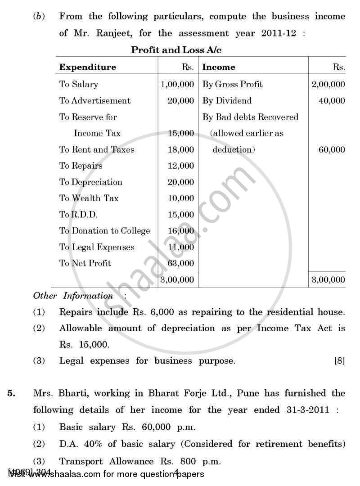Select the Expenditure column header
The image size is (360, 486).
87,67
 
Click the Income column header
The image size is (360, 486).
219,67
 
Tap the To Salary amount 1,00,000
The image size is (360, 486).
177,84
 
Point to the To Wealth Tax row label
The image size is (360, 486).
89,198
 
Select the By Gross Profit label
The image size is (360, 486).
232,84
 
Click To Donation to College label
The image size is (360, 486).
104,231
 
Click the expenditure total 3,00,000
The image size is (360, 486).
177,280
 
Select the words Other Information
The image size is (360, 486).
73,296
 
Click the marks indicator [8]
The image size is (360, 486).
339,361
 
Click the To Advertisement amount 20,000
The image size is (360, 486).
180,101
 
